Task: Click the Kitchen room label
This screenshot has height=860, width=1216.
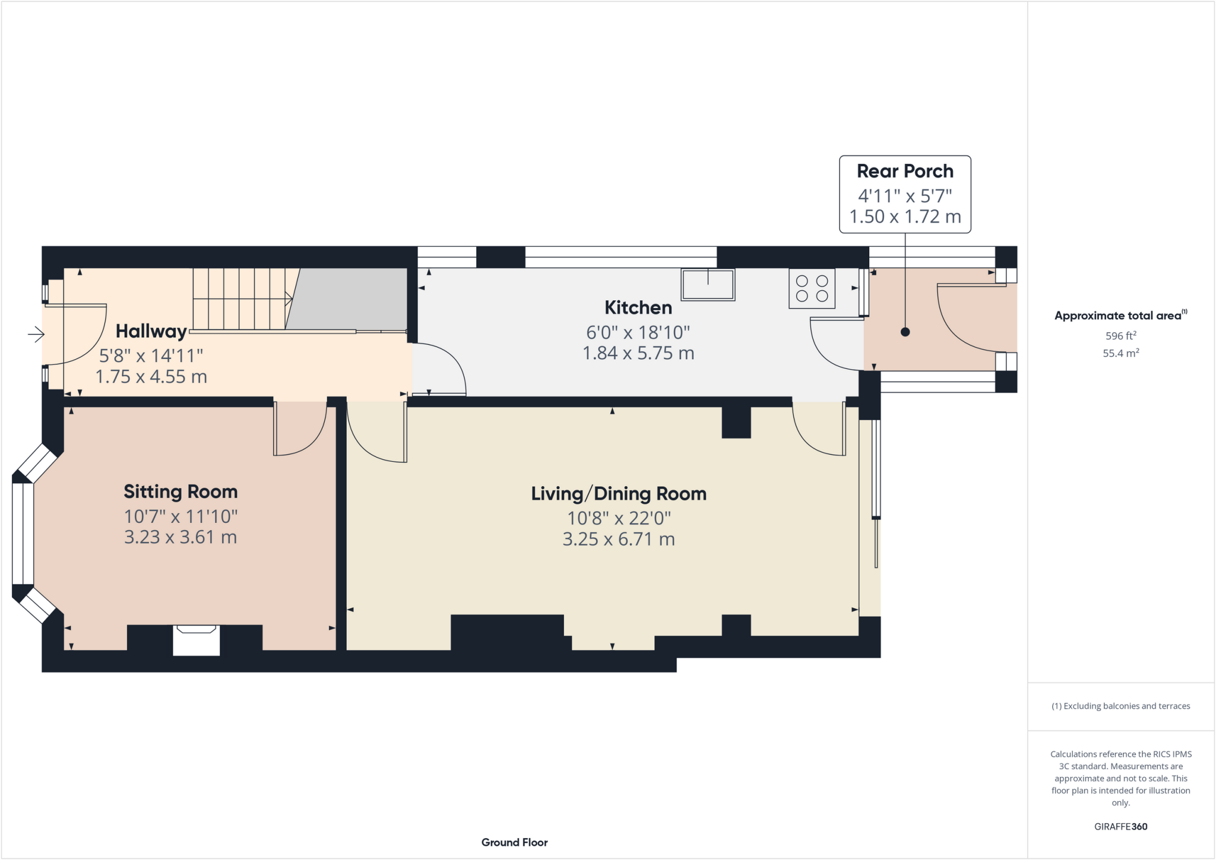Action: (638, 307)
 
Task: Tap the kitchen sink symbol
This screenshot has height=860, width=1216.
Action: (708, 284)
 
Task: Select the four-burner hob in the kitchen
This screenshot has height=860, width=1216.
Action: (812, 288)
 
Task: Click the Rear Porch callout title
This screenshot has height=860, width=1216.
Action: (904, 172)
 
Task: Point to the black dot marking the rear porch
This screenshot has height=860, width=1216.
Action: (905, 332)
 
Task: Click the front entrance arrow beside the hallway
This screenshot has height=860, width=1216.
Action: (36, 335)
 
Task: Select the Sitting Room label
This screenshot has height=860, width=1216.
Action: (180, 492)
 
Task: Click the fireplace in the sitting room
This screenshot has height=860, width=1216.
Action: (196, 639)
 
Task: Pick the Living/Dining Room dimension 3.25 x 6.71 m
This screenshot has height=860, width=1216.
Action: (618, 540)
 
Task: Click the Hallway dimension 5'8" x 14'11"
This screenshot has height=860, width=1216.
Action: (151, 356)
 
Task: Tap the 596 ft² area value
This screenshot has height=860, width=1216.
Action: (1120, 336)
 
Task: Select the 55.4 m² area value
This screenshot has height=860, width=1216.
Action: (1120, 353)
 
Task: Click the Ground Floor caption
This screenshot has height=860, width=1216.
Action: (514, 842)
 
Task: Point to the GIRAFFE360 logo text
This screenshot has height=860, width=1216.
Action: (1120, 826)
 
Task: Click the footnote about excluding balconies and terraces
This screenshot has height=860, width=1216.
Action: (1120, 706)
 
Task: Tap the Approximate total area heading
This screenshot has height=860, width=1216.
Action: (1120, 316)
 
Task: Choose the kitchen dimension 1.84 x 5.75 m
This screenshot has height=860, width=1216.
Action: (638, 354)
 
